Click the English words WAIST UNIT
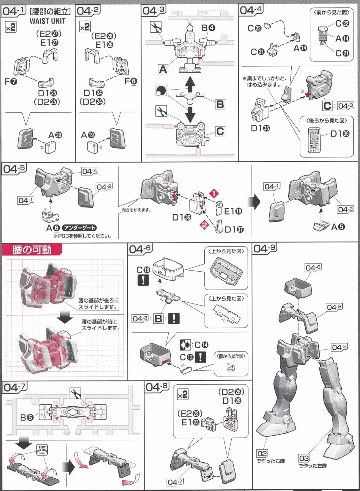pos(48,21)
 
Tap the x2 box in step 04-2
pos(85,27)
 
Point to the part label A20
pos(55,135)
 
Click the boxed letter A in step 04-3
pos(163,69)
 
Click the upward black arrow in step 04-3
pos(190,84)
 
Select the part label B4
pos(208,28)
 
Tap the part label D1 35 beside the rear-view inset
pos(340,134)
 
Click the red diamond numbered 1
pos(214,193)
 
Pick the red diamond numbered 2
pos(204,225)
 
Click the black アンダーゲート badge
pos(79,228)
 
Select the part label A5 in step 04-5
pos(338,227)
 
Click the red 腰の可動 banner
pos(32,249)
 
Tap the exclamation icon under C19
pos(143,280)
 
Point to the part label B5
pos(27,417)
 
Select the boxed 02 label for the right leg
pos(262,453)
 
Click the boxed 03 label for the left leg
pos(304,458)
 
